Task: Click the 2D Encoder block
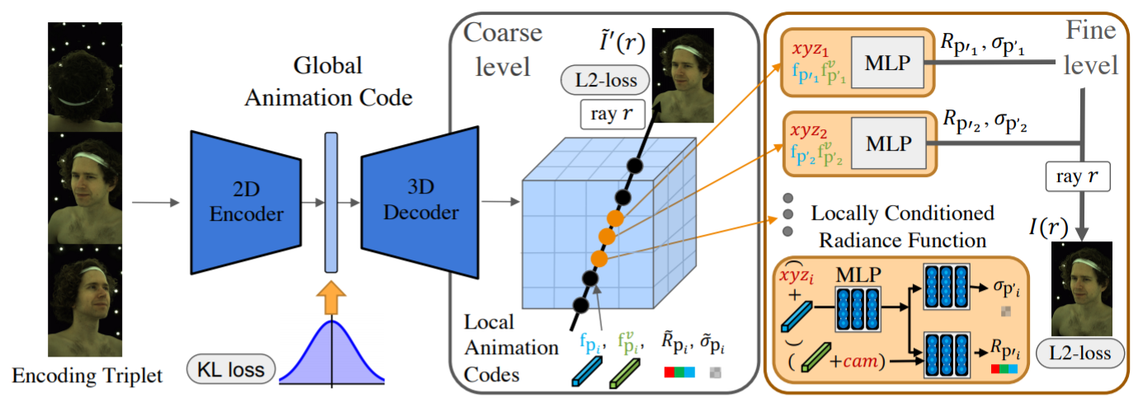(246, 203)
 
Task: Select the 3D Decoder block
(420, 202)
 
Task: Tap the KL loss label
(231, 369)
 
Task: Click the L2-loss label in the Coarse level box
(605, 80)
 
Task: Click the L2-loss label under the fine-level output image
(1079, 353)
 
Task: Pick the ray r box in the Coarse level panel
(613, 114)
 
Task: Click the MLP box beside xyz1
(887, 63)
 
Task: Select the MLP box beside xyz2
(889, 143)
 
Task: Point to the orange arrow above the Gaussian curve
(331, 298)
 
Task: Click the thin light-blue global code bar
(331, 203)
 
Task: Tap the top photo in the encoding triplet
(85, 77)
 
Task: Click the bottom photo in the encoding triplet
(85, 300)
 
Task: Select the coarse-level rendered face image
(682, 75)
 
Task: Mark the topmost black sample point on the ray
(634, 166)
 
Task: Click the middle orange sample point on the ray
(607, 236)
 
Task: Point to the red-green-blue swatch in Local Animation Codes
(680, 372)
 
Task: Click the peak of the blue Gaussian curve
(332, 320)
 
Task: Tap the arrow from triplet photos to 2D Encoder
(156, 203)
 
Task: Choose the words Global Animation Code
(328, 82)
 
